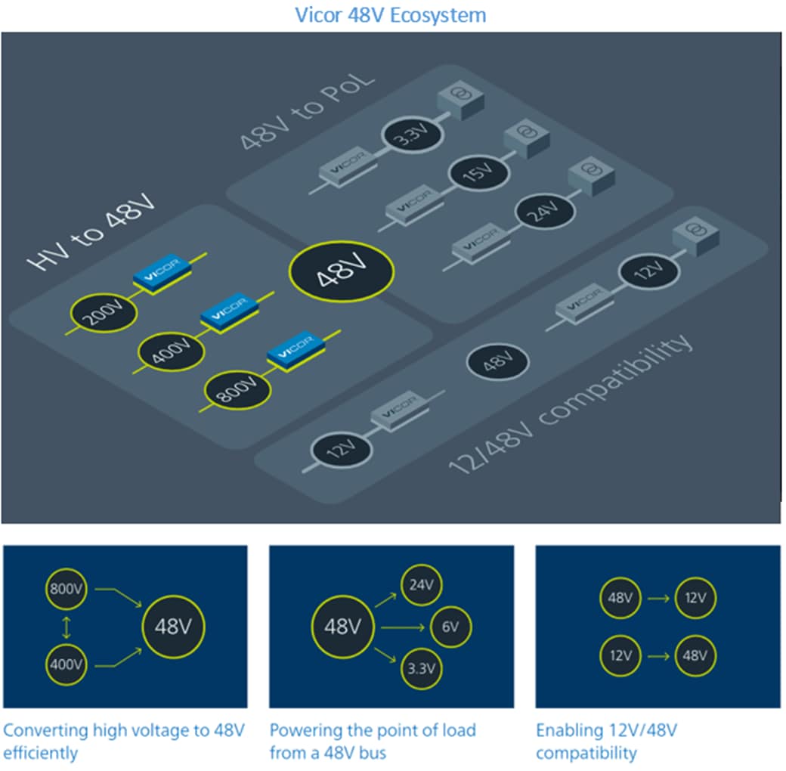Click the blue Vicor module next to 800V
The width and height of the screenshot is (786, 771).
pos(292,350)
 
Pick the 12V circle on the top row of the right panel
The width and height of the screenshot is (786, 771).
pos(695,598)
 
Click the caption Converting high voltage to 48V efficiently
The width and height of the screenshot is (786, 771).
pos(124,742)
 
